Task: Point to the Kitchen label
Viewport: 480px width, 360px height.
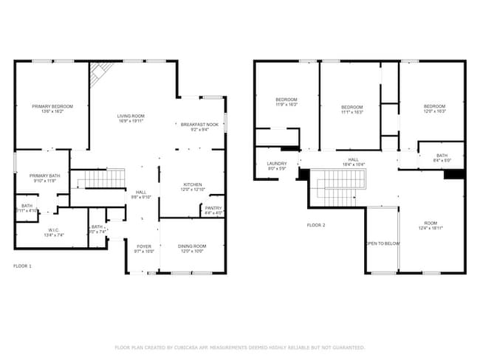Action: [x=193, y=187]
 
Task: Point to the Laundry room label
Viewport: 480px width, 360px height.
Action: [x=276, y=166]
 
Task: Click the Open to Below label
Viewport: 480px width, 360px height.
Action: [x=383, y=243]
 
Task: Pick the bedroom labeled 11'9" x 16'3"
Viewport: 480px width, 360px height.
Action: [x=287, y=103]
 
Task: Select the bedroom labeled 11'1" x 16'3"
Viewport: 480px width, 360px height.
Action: [x=352, y=109]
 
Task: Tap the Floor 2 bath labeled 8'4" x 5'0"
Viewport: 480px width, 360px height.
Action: [x=442, y=158]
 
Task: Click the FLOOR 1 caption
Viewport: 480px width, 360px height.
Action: [x=23, y=265]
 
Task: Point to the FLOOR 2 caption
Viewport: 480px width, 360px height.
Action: [x=316, y=225]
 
